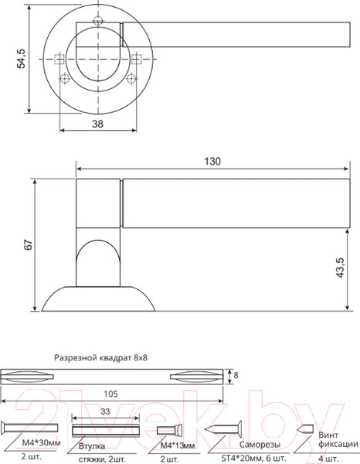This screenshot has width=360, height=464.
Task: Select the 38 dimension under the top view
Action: tap(97, 124)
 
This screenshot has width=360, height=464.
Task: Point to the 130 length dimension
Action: tap(213, 162)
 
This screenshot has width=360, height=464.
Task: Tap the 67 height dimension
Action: tap(28, 244)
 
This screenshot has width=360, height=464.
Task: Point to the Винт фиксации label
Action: tap(338, 440)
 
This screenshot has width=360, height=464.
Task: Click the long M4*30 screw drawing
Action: tap(31, 428)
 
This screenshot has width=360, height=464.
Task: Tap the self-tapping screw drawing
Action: tap(224, 429)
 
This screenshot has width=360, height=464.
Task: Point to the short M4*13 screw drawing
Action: tap(168, 430)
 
